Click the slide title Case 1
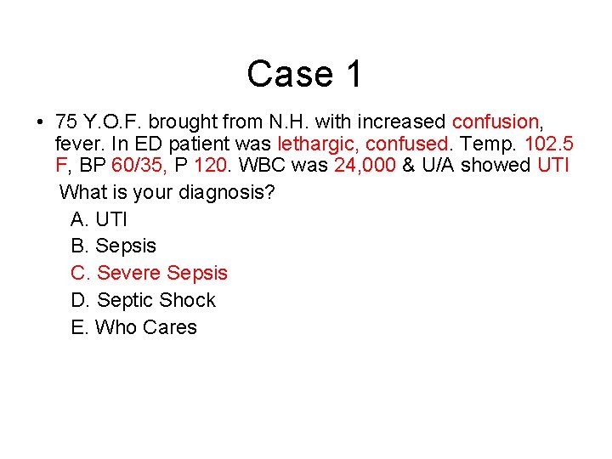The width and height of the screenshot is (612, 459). [304, 74]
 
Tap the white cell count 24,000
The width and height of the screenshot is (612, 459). [365, 165]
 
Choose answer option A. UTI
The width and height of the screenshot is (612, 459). [99, 219]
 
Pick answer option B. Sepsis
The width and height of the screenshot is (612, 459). [114, 246]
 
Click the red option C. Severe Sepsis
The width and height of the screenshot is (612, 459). [150, 274]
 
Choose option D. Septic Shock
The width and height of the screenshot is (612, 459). [144, 301]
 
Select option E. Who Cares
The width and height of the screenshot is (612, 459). [134, 328]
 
